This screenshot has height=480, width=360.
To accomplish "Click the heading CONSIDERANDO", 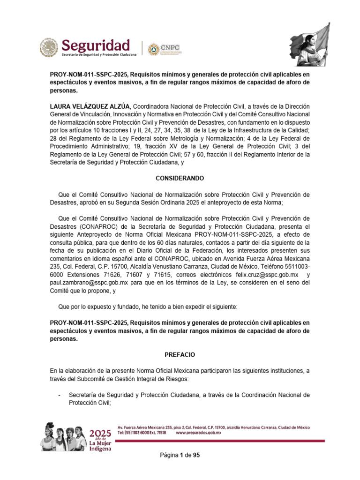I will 180,179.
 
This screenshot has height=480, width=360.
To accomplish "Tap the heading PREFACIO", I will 180,355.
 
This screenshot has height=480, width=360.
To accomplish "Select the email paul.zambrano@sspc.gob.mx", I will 90,283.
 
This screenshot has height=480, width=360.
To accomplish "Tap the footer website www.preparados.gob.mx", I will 198,434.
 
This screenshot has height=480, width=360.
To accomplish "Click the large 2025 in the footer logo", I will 100,433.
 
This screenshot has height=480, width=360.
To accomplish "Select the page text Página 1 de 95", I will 180,455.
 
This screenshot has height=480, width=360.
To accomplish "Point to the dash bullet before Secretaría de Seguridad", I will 60,395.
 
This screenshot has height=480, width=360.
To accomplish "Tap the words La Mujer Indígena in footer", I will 100,446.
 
